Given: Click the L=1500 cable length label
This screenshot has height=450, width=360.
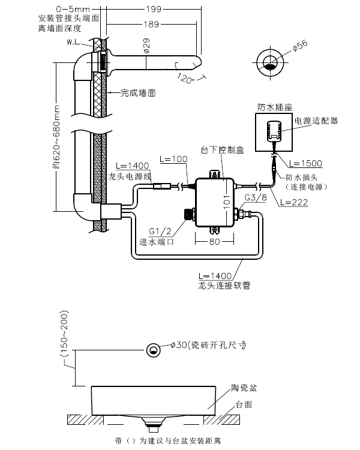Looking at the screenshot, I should tap(305, 163).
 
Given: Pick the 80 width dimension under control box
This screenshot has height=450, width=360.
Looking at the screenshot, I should tap(213, 242).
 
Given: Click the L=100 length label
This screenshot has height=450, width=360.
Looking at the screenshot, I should tap(174, 160).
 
